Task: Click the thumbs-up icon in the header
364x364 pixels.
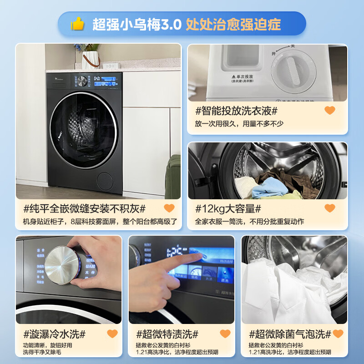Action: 78,24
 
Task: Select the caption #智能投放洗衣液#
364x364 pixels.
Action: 236,111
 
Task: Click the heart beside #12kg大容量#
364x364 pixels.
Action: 330,208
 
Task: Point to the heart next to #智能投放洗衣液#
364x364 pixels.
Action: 330,111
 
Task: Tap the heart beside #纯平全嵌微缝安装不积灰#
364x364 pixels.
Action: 169,208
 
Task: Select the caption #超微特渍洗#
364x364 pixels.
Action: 167,334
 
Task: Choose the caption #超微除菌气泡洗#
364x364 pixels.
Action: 290,334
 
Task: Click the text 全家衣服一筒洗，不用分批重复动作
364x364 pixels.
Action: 249,222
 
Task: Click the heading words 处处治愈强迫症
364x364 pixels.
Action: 233,24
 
